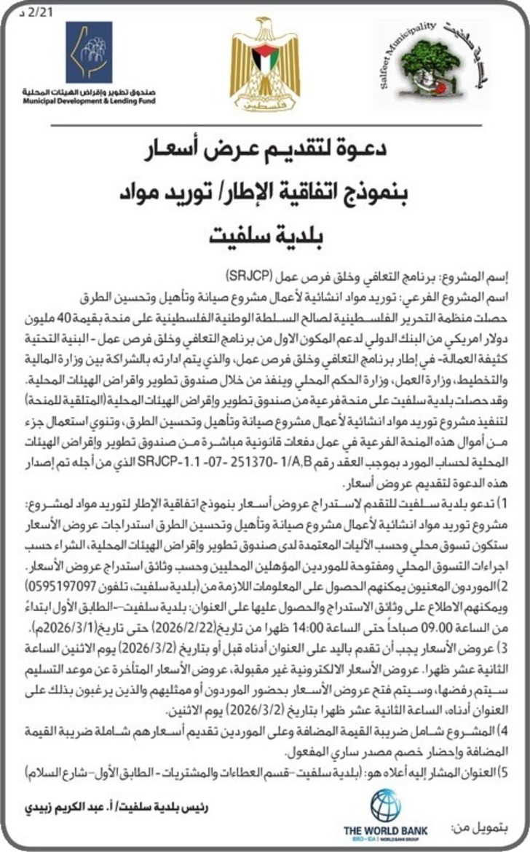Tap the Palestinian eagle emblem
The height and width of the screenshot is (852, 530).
tap(264, 65)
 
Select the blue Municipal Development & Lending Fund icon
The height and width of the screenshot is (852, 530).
tap(89, 52)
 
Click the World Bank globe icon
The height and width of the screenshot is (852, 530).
tap(385, 805)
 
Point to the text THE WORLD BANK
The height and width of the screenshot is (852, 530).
tap(385, 829)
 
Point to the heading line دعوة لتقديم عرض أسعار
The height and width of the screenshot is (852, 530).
tap(265, 152)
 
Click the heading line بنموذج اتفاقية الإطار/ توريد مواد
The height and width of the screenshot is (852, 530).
tap(265, 194)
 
